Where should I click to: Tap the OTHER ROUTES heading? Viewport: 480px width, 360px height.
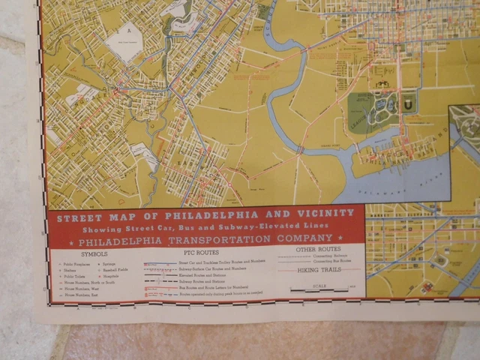(318, 248)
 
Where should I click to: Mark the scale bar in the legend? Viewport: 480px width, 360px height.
(318, 289)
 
